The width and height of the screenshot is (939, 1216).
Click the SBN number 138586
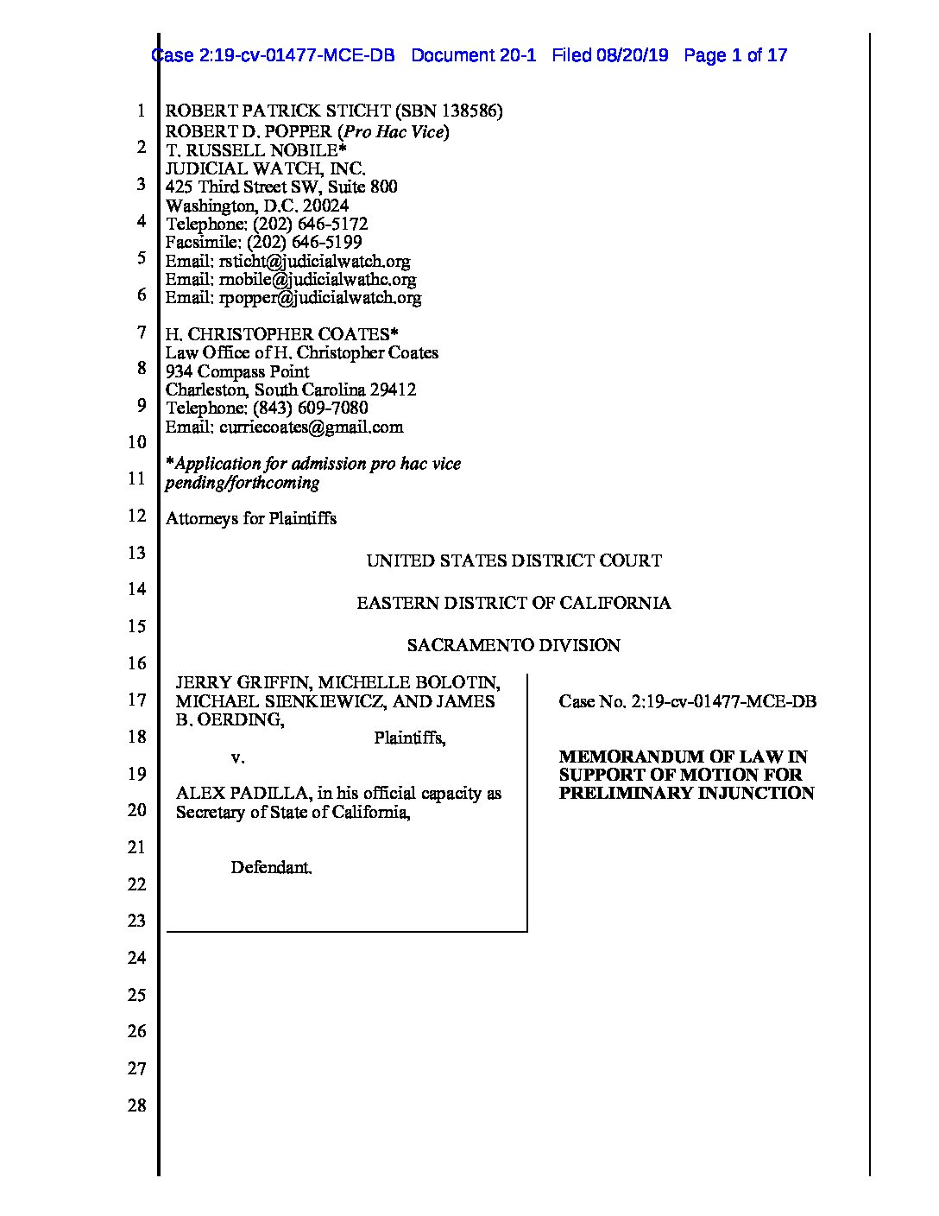click(x=469, y=111)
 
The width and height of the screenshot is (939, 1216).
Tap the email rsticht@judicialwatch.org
click(x=314, y=261)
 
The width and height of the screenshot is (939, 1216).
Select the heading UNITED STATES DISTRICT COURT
click(x=514, y=560)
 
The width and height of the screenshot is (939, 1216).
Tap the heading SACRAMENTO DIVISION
click(x=514, y=645)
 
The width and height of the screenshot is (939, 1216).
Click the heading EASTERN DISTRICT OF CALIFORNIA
click(x=514, y=603)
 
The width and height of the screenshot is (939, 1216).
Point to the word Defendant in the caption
click(x=270, y=867)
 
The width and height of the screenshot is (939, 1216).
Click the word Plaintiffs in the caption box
click(x=409, y=738)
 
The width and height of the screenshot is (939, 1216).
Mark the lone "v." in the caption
click(x=237, y=757)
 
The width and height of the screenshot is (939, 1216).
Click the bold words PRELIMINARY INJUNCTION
click(x=686, y=793)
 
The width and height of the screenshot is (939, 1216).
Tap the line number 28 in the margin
click(x=137, y=1105)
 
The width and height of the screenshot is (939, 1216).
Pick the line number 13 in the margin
click(x=137, y=553)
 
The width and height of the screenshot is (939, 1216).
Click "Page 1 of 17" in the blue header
click(x=735, y=56)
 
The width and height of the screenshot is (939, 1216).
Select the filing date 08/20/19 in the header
click(x=631, y=56)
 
